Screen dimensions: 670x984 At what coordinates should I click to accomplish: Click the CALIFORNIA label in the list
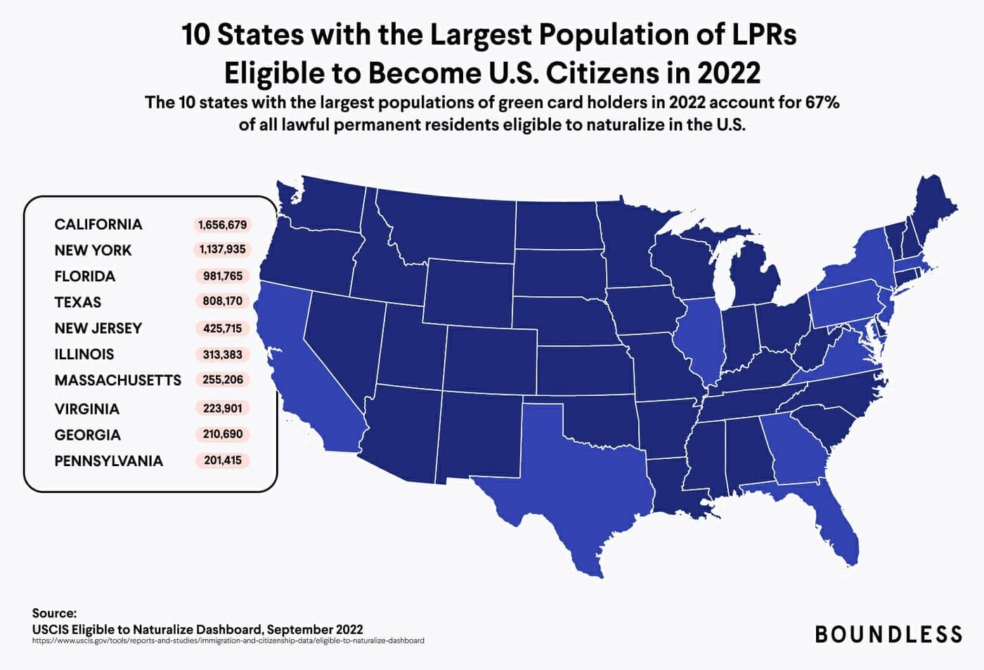[98, 224]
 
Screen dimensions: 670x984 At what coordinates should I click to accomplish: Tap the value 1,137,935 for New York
[222, 250]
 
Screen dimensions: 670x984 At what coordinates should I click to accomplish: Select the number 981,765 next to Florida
[223, 276]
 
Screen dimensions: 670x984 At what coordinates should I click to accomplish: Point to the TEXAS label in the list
[78, 302]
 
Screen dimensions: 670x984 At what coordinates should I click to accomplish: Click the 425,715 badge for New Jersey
[222, 328]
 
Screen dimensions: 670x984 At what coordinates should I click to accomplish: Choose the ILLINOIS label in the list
[84, 354]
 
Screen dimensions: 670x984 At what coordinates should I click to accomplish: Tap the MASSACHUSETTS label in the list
[118, 380]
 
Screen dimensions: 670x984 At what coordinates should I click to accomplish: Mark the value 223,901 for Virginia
[222, 408]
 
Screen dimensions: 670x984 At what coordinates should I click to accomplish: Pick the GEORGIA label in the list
[88, 435]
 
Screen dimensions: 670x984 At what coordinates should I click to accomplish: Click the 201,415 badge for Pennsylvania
[222, 460]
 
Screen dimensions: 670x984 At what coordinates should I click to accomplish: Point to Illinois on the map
[699, 337]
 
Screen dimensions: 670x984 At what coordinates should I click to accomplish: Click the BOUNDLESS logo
[888, 634]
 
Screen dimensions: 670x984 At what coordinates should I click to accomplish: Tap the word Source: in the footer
[54, 613]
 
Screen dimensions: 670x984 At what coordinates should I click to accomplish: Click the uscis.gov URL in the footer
[228, 640]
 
